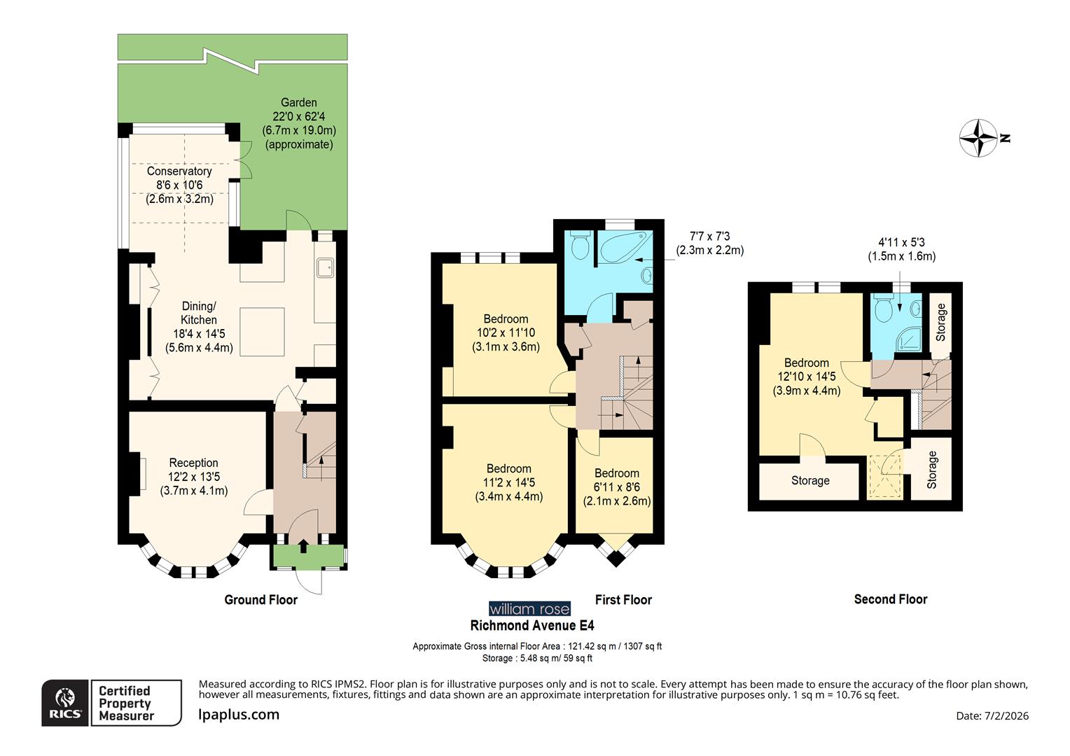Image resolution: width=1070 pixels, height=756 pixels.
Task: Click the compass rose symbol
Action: (x=978, y=138)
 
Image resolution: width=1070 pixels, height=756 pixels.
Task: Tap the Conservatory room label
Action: (x=179, y=185)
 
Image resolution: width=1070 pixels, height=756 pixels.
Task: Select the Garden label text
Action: (x=299, y=123)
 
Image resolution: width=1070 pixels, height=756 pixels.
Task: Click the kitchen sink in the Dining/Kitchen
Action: (x=324, y=267)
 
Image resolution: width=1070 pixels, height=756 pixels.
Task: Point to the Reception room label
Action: (x=194, y=476)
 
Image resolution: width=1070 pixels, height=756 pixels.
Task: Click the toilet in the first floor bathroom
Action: (x=580, y=244)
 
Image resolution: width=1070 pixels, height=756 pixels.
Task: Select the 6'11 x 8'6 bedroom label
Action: (x=617, y=487)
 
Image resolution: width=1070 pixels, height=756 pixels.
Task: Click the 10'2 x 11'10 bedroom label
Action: (x=506, y=332)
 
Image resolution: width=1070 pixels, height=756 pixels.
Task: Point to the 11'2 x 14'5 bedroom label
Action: (x=509, y=482)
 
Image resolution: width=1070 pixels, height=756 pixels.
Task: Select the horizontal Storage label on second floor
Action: (x=810, y=481)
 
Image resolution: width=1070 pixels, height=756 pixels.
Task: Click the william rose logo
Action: (x=529, y=609)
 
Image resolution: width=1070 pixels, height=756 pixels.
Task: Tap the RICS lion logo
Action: (x=65, y=703)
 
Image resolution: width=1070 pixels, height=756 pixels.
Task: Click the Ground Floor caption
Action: (x=260, y=600)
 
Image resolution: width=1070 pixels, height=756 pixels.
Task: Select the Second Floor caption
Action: (x=890, y=599)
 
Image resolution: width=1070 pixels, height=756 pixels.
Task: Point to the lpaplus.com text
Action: (x=239, y=715)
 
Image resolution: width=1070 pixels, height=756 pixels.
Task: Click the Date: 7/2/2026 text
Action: (x=992, y=715)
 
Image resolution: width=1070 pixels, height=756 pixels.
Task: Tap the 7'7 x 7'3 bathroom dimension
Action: (x=709, y=243)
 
